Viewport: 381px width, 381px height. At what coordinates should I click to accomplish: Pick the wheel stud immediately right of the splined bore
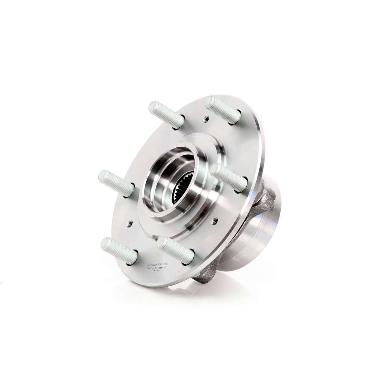coord(228,177)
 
